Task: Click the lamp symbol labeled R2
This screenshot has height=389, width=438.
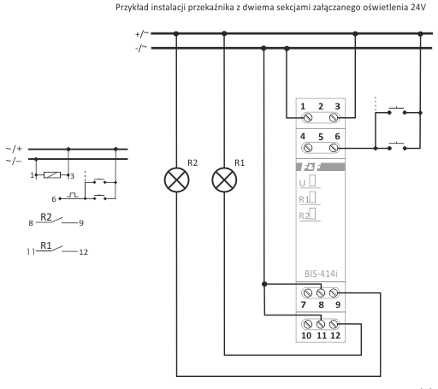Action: pyautogui.click(x=177, y=180)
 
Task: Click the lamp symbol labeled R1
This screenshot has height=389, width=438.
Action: pyautogui.click(x=224, y=180)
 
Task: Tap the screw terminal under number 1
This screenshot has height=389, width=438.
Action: pyautogui.click(x=307, y=117)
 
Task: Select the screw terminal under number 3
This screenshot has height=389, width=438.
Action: pyautogui.click(x=334, y=117)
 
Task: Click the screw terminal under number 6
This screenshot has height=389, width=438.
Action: pyautogui.click(x=334, y=148)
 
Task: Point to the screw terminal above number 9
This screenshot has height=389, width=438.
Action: pyautogui.click(x=334, y=292)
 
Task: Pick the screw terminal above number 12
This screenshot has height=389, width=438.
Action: pyautogui.click(x=334, y=324)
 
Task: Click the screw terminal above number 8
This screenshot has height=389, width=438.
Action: pyautogui.click(x=321, y=292)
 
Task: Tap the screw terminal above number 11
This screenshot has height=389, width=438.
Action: pyautogui.click(x=321, y=324)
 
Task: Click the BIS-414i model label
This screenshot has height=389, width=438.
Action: pyautogui.click(x=321, y=274)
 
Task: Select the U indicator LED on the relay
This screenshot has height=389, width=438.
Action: pyautogui.click(x=312, y=180)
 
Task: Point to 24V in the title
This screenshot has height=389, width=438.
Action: pyautogui.click(x=418, y=8)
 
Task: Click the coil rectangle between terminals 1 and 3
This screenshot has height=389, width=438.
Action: pyautogui.click(x=52, y=175)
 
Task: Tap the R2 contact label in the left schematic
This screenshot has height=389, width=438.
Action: pyautogui.click(x=46, y=217)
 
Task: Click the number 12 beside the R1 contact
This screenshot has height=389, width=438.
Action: pyautogui.click(x=84, y=252)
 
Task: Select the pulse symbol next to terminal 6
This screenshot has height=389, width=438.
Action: pyautogui.click(x=73, y=195)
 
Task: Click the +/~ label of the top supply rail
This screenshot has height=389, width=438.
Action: pyautogui.click(x=142, y=34)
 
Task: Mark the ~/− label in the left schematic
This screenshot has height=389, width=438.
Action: pyautogui.click(x=14, y=161)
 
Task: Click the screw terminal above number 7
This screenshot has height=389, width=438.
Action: pyautogui.click(x=307, y=292)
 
